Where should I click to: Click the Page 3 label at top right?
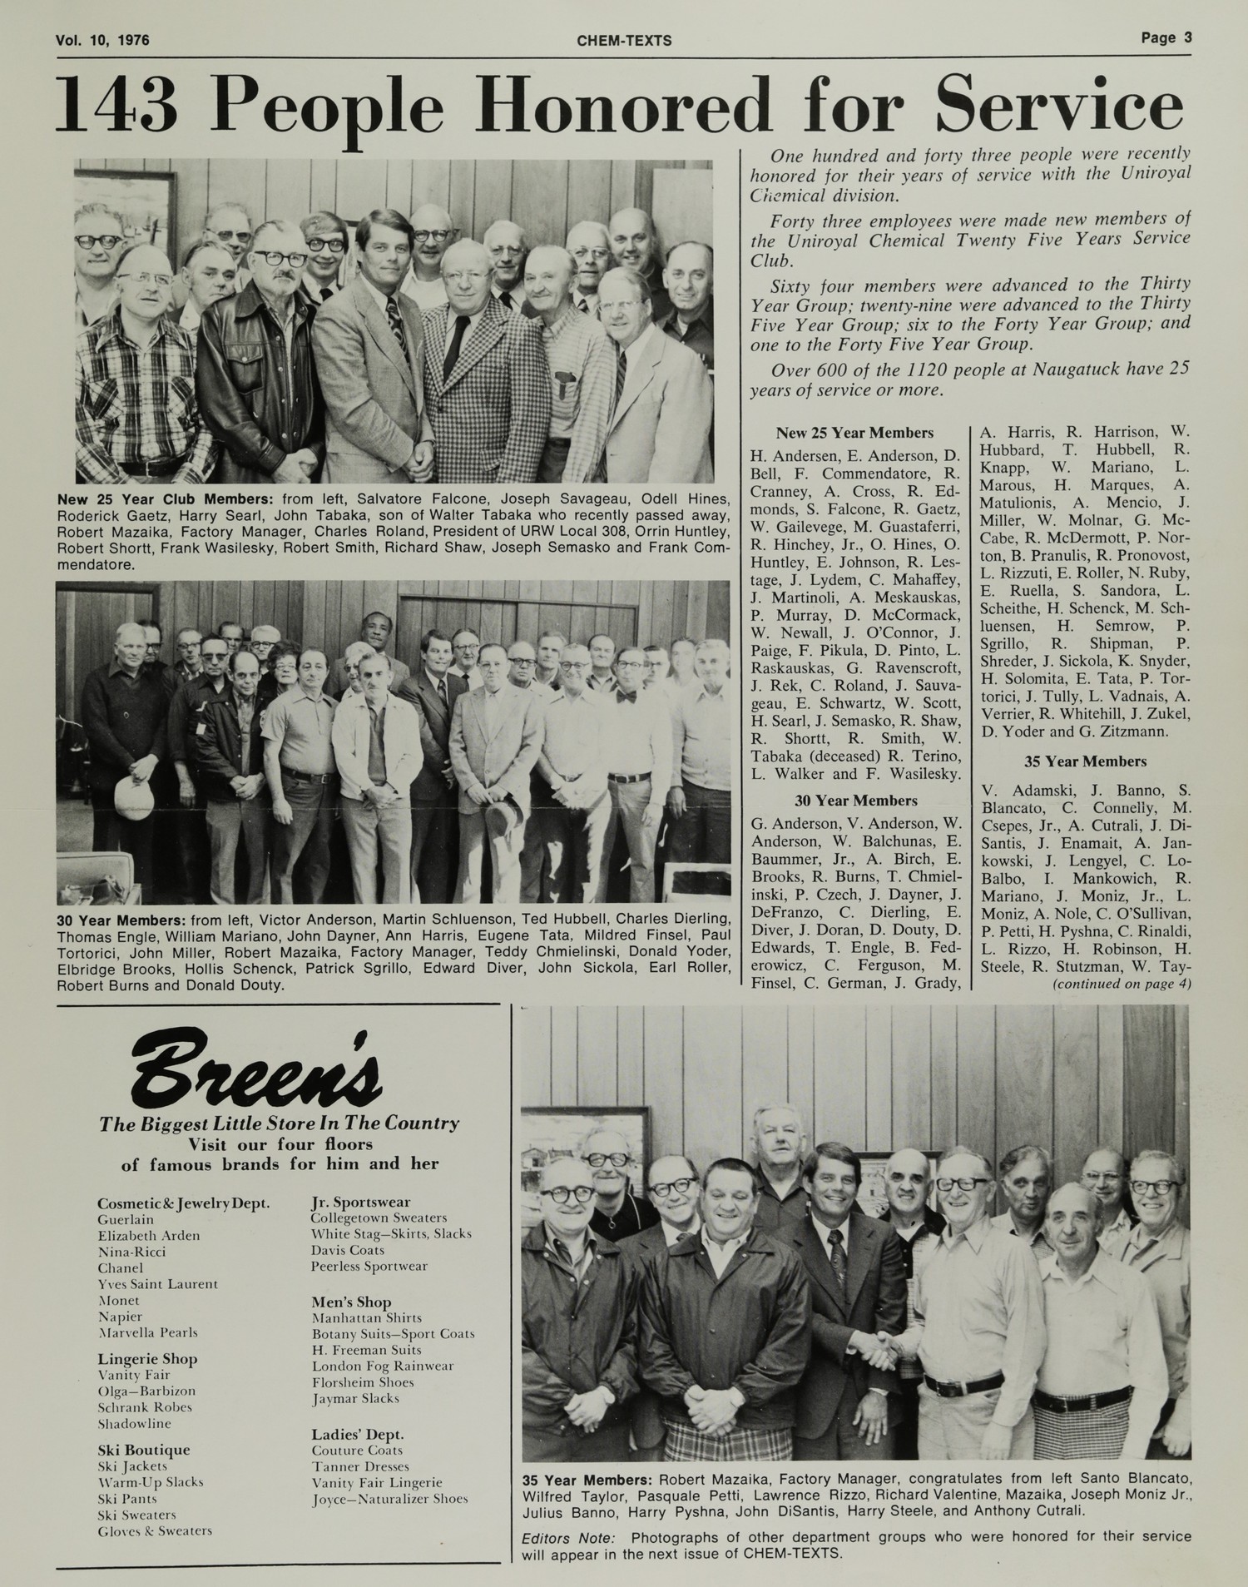point(1166,37)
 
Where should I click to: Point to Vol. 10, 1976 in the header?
point(102,40)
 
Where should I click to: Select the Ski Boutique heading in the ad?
point(143,1450)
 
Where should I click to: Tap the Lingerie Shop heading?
point(147,1359)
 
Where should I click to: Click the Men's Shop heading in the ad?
point(351,1302)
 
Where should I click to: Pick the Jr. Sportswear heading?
point(360,1202)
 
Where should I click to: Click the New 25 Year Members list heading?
point(854,433)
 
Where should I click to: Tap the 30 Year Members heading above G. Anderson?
point(856,801)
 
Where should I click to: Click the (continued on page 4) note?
point(1122,984)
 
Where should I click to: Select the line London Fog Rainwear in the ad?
point(383,1366)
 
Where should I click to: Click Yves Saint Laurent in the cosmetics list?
point(157,1284)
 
